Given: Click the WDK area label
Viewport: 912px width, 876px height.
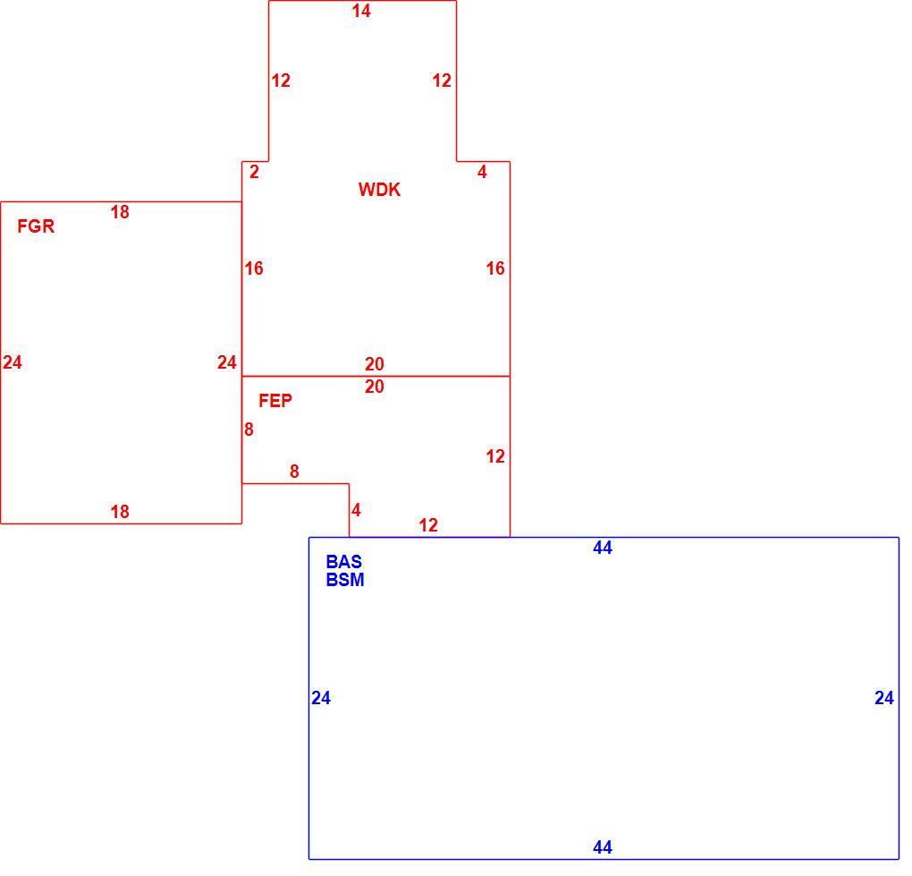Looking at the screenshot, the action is click(379, 190).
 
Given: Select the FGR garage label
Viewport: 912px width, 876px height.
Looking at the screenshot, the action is click(36, 225).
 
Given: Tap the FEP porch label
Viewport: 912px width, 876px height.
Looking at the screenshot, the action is click(275, 401).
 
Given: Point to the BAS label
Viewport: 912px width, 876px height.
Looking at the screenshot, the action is click(343, 562).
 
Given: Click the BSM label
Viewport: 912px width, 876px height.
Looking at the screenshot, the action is click(345, 580).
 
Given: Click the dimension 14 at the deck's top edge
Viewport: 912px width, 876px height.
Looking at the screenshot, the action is click(361, 11).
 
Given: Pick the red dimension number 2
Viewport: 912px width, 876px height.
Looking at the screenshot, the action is click(254, 172).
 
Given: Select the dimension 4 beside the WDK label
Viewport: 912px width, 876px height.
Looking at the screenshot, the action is click(482, 172).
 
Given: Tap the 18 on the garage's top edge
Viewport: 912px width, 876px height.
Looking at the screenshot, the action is click(120, 212).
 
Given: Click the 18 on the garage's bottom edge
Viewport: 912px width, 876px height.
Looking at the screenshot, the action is click(120, 512).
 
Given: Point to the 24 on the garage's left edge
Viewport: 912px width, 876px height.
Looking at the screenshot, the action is click(13, 362).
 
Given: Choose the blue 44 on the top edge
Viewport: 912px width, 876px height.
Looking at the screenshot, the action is click(603, 548).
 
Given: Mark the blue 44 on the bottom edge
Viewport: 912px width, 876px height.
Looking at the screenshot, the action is click(603, 847).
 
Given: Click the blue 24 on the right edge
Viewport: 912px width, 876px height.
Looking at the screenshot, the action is click(884, 698).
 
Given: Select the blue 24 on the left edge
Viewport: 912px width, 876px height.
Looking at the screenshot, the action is click(321, 698).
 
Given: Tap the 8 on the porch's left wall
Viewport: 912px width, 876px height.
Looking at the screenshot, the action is click(249, 429).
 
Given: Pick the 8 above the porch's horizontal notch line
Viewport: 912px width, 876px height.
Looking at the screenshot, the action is click(294, 472).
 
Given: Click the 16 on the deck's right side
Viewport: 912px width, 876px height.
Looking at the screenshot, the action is click(495, 268).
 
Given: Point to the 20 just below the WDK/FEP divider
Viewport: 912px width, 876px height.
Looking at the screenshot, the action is click(375, 387).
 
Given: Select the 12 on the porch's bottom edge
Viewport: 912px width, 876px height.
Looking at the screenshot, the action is click(428, 525).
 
